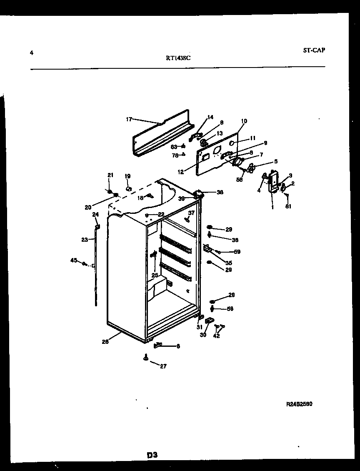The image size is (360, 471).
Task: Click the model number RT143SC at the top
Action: [178, 58]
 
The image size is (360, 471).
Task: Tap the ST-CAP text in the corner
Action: [314, 50]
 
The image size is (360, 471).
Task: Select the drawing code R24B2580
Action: [299, 404]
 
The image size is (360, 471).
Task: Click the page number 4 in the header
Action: [32, 53]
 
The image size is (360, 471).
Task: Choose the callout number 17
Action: [129, 119]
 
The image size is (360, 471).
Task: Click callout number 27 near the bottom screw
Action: [163, 366]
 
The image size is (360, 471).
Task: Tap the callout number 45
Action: [74, 261]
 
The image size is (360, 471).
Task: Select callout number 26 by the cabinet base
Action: [105, 342]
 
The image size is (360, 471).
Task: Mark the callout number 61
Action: [288, 206]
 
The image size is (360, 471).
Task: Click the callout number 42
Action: [216, 336]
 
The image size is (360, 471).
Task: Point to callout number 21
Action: [110, 175]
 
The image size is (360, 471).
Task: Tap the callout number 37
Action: [191, 213]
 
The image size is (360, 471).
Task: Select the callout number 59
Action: [237, 252]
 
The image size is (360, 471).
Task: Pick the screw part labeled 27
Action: [146, 357]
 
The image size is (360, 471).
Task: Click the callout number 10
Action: [244, 121]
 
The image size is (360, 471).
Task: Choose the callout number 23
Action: [85, 240]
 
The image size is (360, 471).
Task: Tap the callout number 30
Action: [203, 335]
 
